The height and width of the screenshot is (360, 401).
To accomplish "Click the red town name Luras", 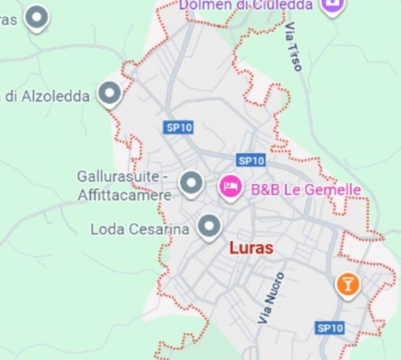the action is [251, 248].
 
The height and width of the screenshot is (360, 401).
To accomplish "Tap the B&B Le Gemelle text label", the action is [306, 190].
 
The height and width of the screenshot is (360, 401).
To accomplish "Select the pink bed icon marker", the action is [230, 187].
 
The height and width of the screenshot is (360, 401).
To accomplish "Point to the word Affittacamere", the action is [124, 195].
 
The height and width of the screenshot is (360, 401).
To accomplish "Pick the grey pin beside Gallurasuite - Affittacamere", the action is [191, 182].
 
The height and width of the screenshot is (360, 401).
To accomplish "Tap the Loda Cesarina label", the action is [139, 229].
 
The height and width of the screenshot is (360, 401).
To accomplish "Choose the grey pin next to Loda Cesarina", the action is [209, 226].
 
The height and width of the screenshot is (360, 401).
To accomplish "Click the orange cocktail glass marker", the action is [348, 284].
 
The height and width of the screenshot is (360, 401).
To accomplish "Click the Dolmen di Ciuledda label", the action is [246, 5].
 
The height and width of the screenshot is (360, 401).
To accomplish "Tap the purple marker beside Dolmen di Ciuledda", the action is [333, 5].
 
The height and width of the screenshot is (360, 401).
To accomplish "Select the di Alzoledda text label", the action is [45, 96].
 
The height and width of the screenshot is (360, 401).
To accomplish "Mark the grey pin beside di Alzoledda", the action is [110, 93].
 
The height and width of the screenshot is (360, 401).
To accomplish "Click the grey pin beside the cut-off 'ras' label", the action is [37, 18].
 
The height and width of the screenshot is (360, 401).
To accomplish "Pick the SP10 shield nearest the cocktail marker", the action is [330, 328].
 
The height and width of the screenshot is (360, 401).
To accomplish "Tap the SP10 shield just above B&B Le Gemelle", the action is [251, 161].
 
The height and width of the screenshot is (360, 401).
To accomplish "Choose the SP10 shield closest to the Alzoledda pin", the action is [178, 127].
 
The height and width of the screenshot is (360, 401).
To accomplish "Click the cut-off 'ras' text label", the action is [8, 20].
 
